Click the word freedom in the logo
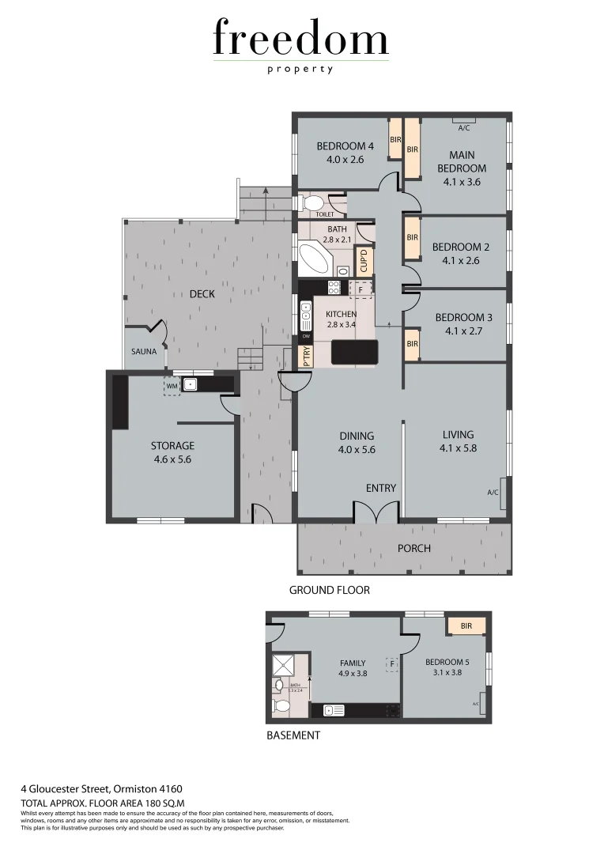click(x=301, y=39)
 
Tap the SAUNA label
click(x=145, y=351)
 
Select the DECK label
click(x=202, y=293)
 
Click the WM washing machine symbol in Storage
click(x=172, y=386)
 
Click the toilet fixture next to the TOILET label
click(x=311, y=202)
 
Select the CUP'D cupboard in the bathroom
click(x=366, y=258)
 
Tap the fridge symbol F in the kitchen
click(x=361, y=289)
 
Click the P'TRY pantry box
click(x=306, y=357)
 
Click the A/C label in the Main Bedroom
click(x=464, y=127)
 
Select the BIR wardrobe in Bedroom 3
click(x=412, y=345)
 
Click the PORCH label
click(x=413, y=548)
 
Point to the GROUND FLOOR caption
click(x=329, y=590)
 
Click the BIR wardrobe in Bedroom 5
click(x=466, y=625)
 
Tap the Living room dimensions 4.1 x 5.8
click(x=459, y=448)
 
